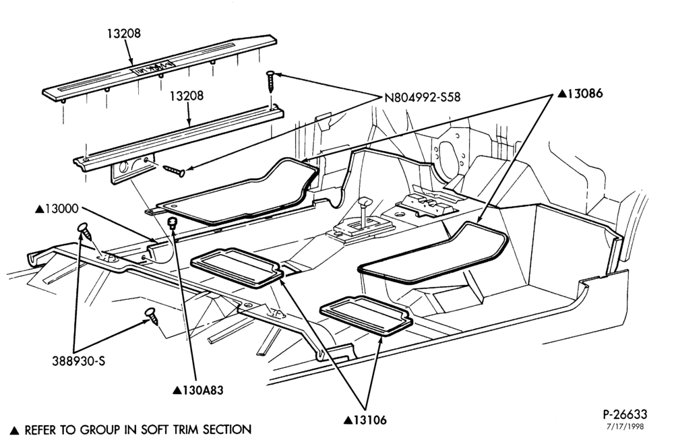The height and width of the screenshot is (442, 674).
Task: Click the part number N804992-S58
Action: [x=422, y=98]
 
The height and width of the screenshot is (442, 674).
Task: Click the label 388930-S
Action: [x=79, y=361]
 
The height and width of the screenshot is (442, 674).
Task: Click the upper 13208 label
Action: [x=124, y=33]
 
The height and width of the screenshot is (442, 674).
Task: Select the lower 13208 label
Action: [x=186, y=96]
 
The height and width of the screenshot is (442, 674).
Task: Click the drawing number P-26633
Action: [x=625, y=414]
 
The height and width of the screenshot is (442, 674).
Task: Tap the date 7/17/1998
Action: [x=625, y=427]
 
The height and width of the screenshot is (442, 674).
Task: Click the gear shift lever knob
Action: [x=365, y=201]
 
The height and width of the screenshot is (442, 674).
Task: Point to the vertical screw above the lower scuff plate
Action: [x=270, y=82]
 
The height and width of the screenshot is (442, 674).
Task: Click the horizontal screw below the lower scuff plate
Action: [x=174, y=170]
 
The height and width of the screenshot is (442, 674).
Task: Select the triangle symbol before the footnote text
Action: [x=15, y=430]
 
